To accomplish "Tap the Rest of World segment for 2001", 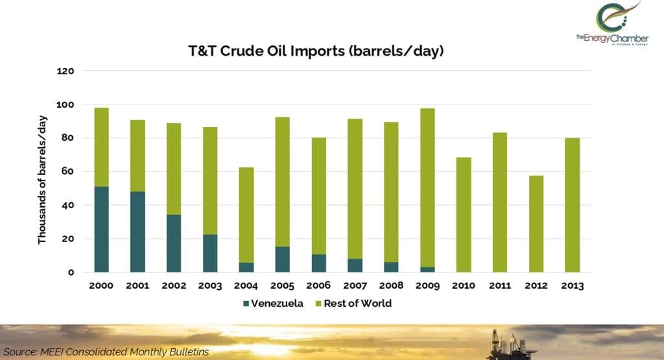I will [x=137, y=156].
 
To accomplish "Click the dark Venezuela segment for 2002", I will [x=174, y=243].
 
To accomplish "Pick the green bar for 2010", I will [x=464, y=215].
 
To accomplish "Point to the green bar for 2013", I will [x=572, y=205].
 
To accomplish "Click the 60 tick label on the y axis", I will [x=67, y=171].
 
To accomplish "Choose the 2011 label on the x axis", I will [x=500, y=285].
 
